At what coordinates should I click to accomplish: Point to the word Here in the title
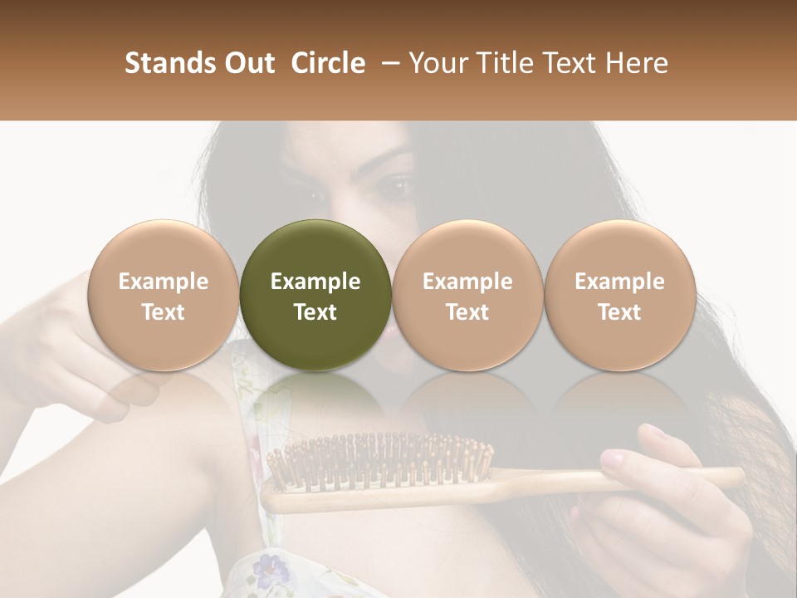pos(637,63)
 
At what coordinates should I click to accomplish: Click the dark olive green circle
pos(315,294)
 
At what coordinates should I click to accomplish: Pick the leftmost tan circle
pos(163,294)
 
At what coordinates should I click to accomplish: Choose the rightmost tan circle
pos(619,294)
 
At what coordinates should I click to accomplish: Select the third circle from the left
pos(467,294)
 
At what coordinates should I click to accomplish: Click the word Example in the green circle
pos(315,282)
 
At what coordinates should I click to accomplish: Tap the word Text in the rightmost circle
pos(619,312)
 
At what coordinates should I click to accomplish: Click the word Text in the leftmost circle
pos(163,312)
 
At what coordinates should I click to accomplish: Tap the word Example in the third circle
pos(467,282)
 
